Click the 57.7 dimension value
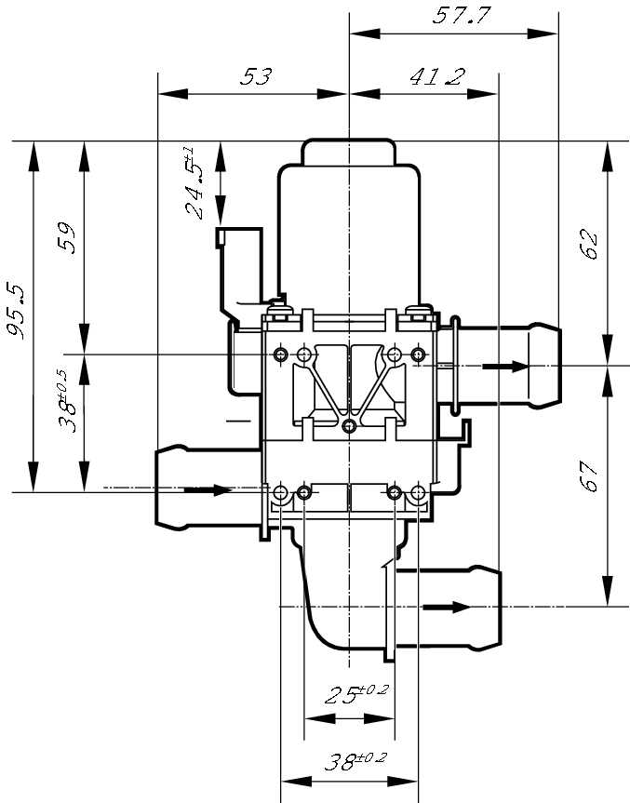pyautogui.click(x=462, y=16)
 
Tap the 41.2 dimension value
pyautogui.click(x=436, y=76)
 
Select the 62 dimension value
pyautogui.click(x=589, y=244)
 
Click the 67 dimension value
pyautogui.click(x=589, y=479)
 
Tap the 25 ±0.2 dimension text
pyautogui.click(x=356, y=694)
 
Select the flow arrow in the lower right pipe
pyautogui.click(x=447, y=608)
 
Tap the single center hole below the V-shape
pyautogui.click(x=349, y=426)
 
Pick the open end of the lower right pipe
pyautogui.click(x=499, y=608)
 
